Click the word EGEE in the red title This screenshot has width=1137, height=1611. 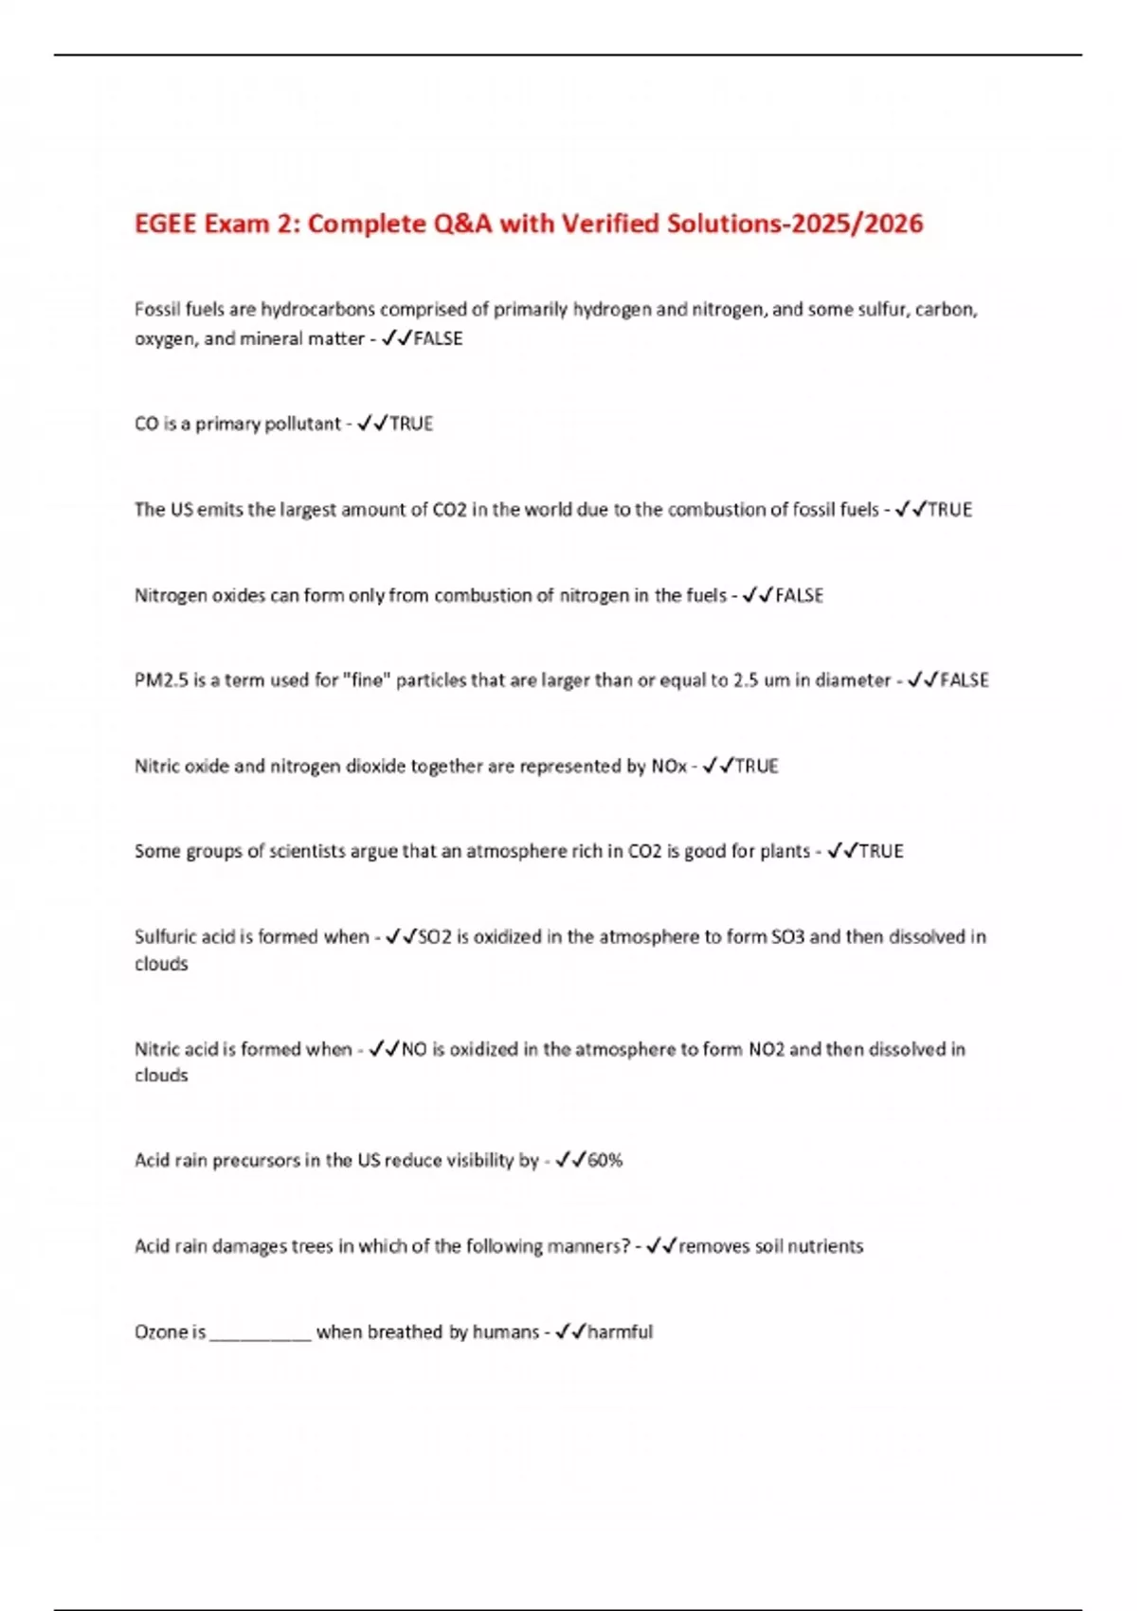167,224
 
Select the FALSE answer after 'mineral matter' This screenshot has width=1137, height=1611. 439,338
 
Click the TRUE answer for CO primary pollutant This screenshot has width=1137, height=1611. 411,424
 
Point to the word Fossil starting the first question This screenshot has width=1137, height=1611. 157,309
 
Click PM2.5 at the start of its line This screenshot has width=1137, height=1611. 161,680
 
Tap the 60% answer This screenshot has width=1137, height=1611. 605,1160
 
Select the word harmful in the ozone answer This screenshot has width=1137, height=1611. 621,1331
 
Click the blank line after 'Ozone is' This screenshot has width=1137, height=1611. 261,1333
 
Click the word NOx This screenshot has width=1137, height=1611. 669,766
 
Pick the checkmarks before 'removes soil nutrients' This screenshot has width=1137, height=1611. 661,1246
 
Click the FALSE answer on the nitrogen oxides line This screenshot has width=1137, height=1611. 800,595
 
